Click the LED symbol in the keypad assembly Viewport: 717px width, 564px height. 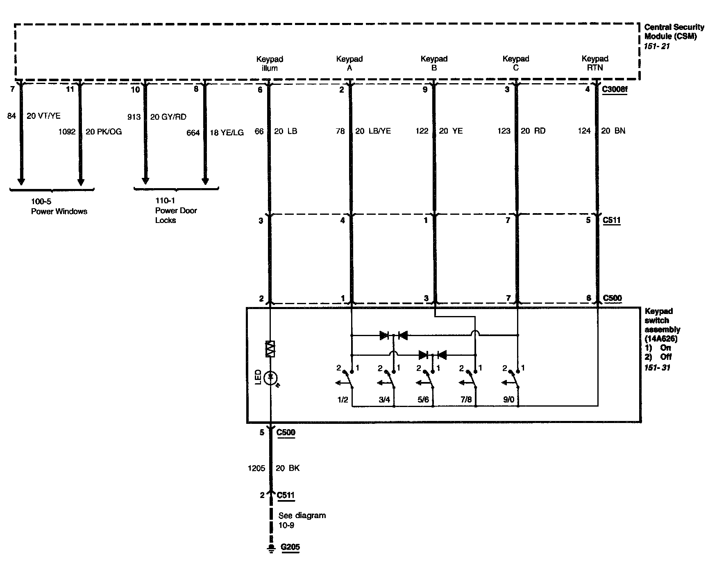(x=270, y=378)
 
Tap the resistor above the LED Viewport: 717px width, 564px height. (x=270, y=349)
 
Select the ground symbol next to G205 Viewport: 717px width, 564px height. (x=270, y=548)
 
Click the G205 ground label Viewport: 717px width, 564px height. (x=290, y=547)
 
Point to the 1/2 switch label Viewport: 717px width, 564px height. (x=343, y=399)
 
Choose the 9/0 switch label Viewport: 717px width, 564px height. (x=508, y=399)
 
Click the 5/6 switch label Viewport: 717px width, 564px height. (x=423, y=399)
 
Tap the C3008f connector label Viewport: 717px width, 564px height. (x=615, y=89)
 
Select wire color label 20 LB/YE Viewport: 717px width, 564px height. (x=373, y=131)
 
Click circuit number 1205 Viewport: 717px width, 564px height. (x=256, y=468)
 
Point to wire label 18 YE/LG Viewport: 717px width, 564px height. (x=227, y=132)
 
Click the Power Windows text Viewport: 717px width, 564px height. (x=59, y=211)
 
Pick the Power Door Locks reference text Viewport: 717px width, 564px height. (x=176, y=210)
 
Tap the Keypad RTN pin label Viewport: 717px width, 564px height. (x=595, y=63)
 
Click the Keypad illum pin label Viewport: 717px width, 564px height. (x=270, y=64)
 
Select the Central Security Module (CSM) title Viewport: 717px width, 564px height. (x=674, y=32)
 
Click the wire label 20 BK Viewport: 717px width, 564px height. (x=288, y=468)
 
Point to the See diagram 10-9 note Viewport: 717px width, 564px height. (x=302, y=520)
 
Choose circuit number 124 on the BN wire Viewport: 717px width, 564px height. (x=584, y=131)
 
